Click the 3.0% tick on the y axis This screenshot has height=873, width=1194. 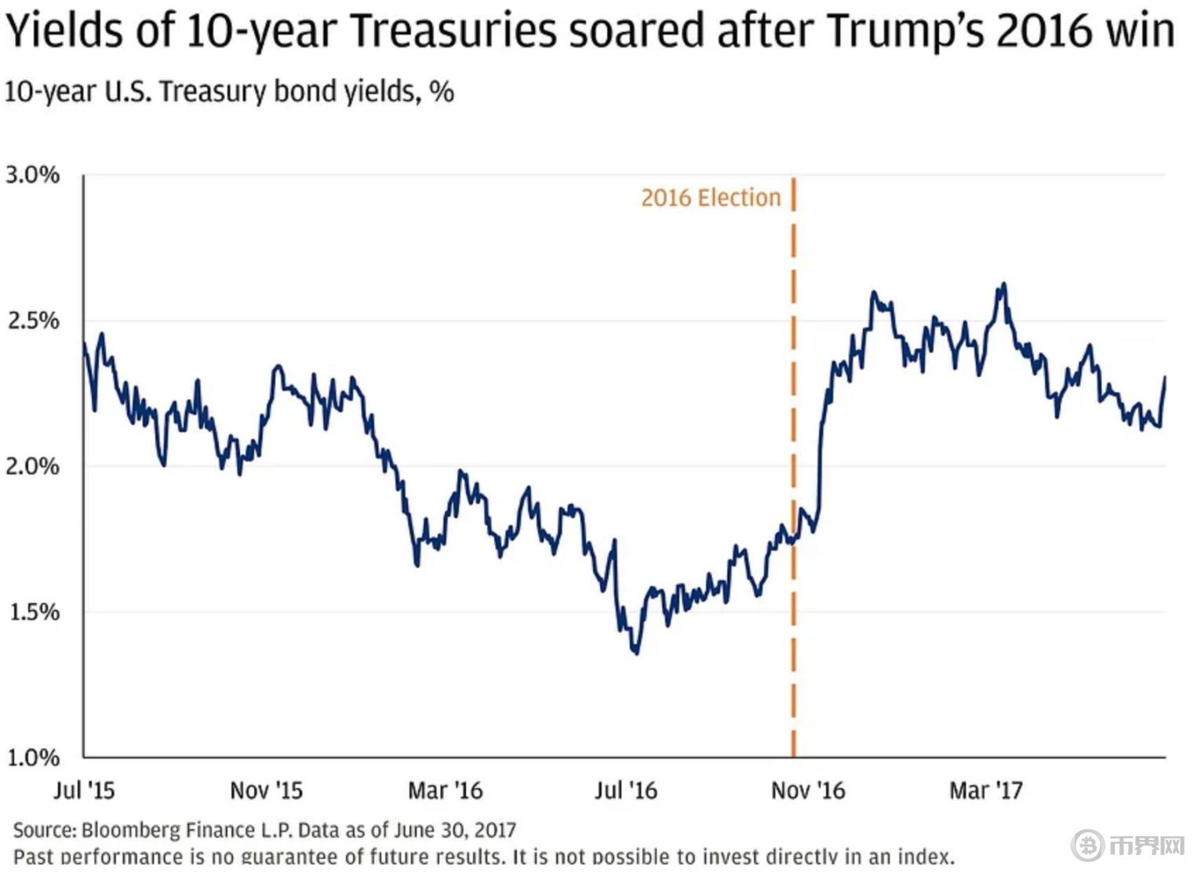click(x=33, y=175)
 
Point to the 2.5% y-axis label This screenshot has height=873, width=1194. click(x=33, y=321)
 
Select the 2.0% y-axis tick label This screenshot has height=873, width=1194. click(x=33, y=466)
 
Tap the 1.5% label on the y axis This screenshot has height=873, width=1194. click(x=33, y=612)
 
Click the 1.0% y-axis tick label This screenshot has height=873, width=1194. click(x=33, y=758)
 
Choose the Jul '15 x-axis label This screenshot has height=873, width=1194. click(x=84, y=790)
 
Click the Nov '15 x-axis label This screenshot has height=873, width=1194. click(x=266, y=790)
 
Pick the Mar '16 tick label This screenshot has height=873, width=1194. click(x=445, y=790)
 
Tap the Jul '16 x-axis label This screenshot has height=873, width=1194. click(x=625, y=790)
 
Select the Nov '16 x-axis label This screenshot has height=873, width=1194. click(x=808, y=790)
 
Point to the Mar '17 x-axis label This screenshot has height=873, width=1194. click(x=986, y=790)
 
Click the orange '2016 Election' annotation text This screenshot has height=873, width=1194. click(x=711, y=198)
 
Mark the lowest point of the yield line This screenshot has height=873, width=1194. click(x=635, y=653)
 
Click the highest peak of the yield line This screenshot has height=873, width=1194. click(x=1003, y=284)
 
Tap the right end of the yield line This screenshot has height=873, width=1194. click(x=1165, y=378)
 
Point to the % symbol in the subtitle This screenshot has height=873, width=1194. click(x=442, y=92)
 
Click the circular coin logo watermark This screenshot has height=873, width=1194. click(x=1088, y=846)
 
